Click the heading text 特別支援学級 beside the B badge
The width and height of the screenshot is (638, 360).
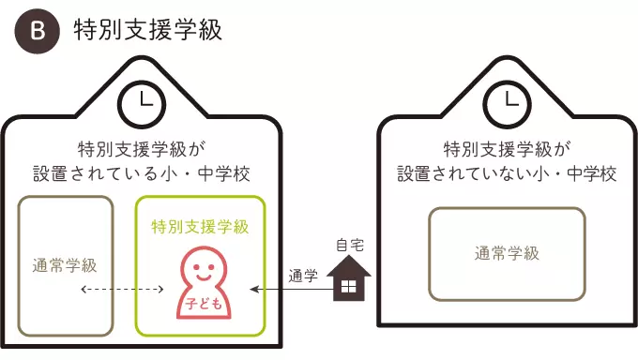coord(147,30)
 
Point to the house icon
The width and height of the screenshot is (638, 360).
coord(349,280)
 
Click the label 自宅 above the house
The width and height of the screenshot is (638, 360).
coord(349,246)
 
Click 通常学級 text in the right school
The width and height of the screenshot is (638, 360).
coord(507,253)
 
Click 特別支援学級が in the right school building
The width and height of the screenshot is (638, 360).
coord(507,149)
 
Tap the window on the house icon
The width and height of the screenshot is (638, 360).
coord(349,288)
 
